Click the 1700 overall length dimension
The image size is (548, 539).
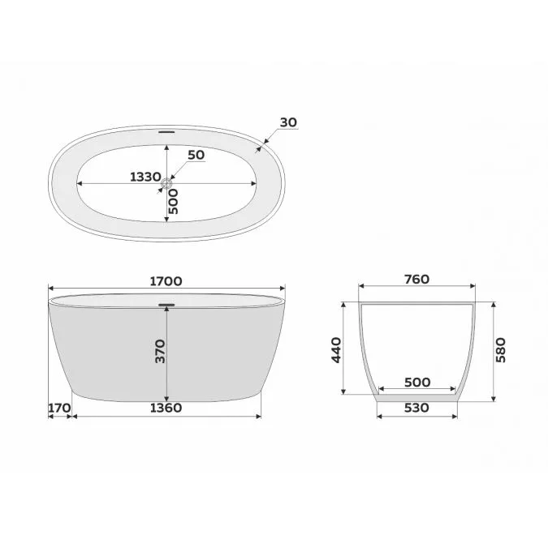[x=166, y=281]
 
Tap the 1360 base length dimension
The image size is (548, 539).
[x=166, y=408]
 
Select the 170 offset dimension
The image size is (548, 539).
[x=59, y=408]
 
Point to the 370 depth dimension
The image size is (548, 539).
[x=161, y=351]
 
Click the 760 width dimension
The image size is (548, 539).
[x=416, y=280]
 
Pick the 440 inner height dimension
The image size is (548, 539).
[x=336, y=350]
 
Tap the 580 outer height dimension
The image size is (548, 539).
[x=501, y=350]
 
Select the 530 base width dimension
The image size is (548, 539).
[x=416, y=408]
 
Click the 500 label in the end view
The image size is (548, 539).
[x=417, y=383]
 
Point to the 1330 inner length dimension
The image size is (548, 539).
[x=145, y=178]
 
